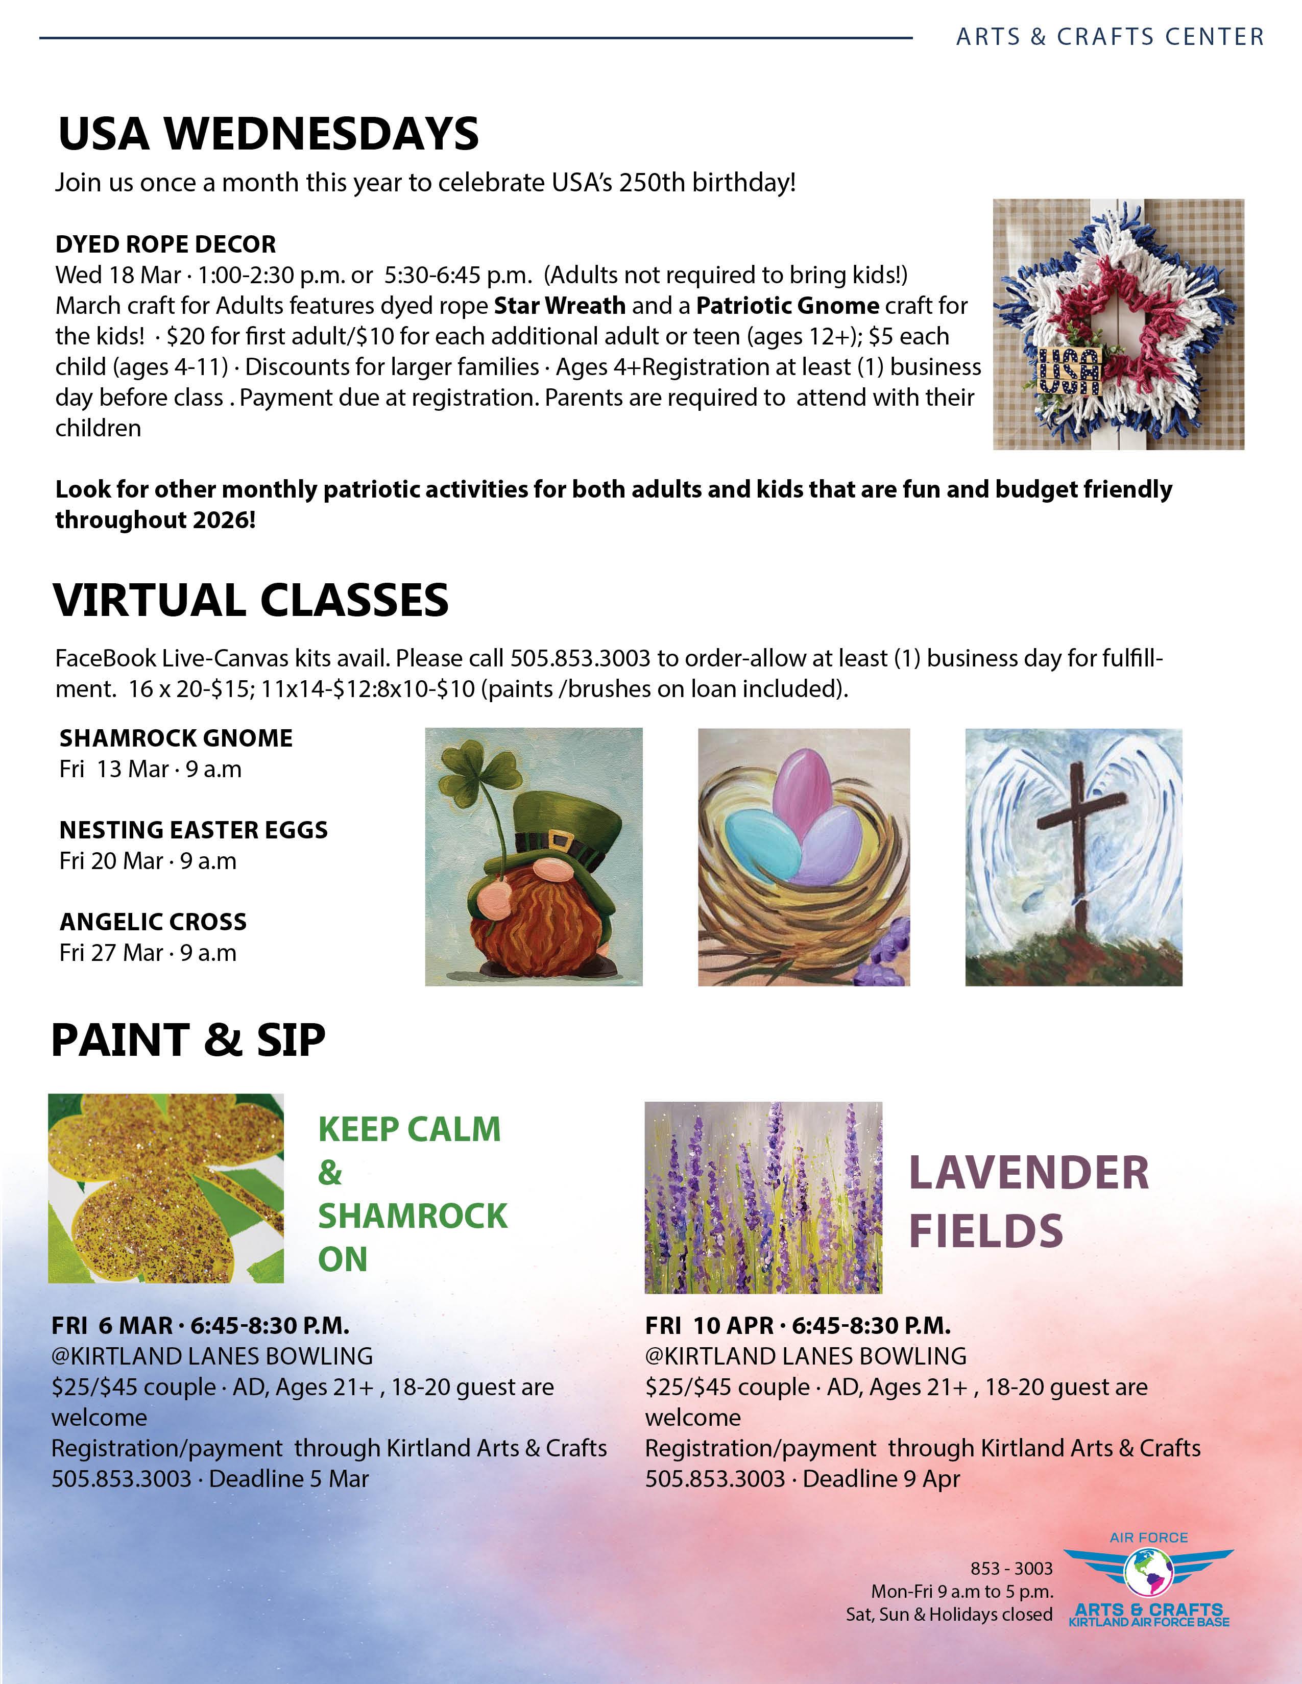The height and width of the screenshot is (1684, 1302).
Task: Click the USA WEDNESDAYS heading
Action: pyautogui.click(x=269, y=133)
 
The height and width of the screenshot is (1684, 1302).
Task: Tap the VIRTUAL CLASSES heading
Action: pyautogui.click(x=251, y=600)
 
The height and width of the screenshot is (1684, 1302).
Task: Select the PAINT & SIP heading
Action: pyautogui.click(x=188, y=1039)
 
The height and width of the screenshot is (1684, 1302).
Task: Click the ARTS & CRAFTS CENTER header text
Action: pyautogui.click(x=1110, y=36)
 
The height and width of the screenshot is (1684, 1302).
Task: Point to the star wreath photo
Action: pyautogui.click(x=1118, y=324)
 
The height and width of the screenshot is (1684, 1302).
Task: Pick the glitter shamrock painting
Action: pyautogui.click(x=166, y=1188)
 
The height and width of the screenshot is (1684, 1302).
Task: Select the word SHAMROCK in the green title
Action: pyautogui.click(x=413, y=1216)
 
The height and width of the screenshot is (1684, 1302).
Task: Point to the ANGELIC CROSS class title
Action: pyautogui.click(x=153, y=922)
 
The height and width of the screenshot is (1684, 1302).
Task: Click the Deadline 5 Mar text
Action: pyautogui.click(x=288, y=1478)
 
